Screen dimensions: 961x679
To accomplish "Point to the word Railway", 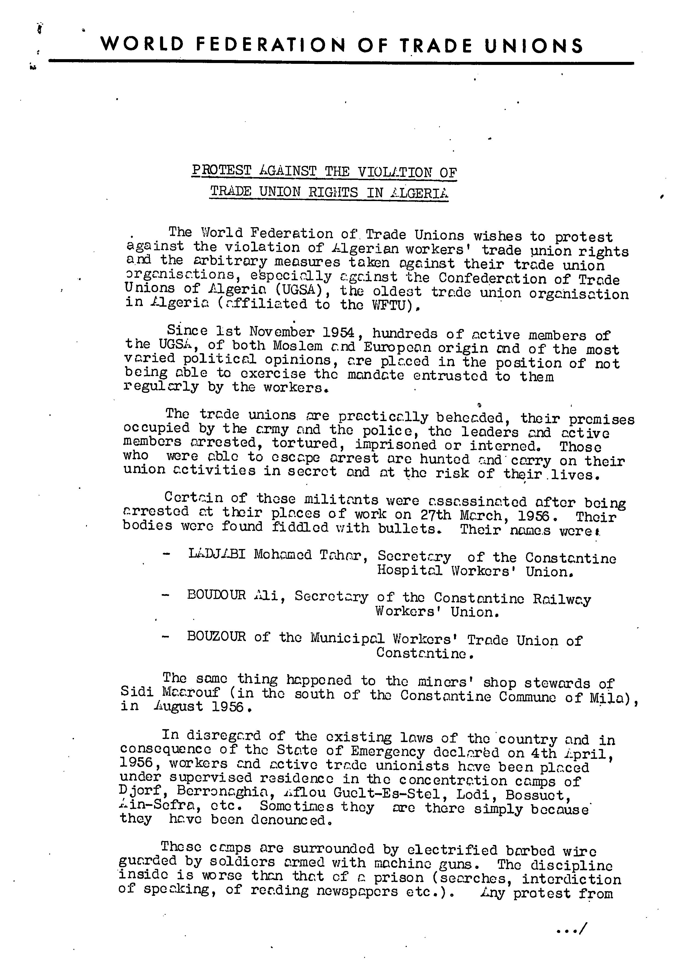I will point(562,599).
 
